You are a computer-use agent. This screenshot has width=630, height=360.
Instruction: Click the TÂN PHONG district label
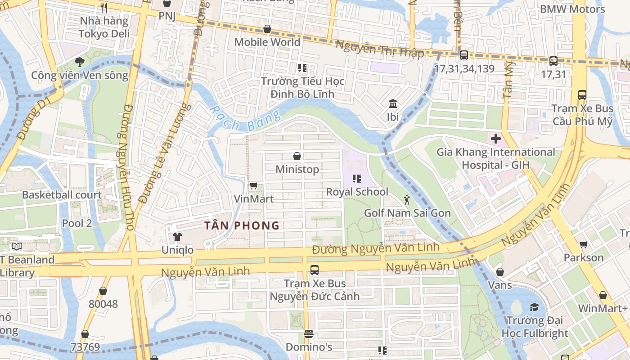coord(242,225)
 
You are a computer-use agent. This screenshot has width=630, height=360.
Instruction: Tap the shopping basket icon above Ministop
coord(297,156)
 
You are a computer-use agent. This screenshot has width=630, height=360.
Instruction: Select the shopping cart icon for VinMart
coord(254,185)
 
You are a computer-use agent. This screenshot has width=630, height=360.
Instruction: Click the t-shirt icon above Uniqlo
coord(177,237)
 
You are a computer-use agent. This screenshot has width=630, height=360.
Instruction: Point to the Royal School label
coord(357,192)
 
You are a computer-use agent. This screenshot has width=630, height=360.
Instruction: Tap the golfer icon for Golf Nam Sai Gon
coord(407,199)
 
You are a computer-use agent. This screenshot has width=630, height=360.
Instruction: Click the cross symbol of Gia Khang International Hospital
coord(495,139)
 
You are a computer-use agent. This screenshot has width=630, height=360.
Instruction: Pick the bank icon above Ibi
coord(393,104)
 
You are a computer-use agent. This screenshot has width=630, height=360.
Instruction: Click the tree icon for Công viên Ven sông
coord(80,62)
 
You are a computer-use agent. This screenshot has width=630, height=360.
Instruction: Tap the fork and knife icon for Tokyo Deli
coord(104,8)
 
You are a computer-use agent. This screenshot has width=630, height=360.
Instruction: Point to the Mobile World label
coord(267,42)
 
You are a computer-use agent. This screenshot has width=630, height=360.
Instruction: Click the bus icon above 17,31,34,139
coord(463,55)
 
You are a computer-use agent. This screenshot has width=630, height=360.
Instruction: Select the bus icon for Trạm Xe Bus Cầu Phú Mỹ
coord(582,95)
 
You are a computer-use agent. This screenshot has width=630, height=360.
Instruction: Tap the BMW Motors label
coord(572,9)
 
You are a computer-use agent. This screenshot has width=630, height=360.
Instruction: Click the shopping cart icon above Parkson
coord(584,244)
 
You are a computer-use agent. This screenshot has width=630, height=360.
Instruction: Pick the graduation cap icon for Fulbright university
coord(534,307)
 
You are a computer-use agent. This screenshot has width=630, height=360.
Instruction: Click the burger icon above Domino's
coord(308,334)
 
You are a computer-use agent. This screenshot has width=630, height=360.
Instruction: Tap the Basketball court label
coord(62,195)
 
